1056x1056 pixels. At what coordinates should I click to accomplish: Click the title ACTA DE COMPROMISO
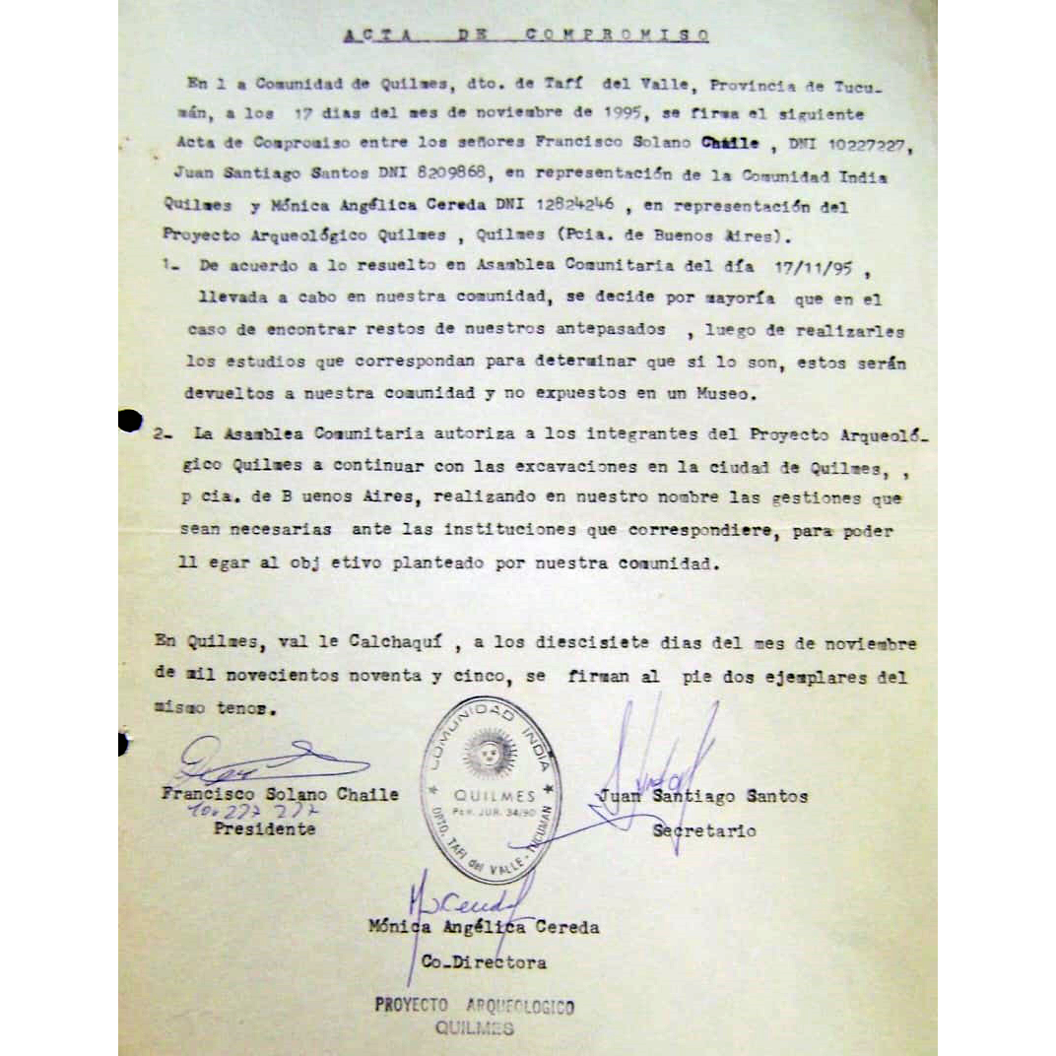(x=527, y=35)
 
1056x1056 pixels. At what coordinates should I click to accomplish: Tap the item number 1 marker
(x=167, y=267)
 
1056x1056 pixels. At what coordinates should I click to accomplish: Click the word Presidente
(x=264, y=828)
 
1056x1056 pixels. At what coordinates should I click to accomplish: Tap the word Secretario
(x=704, y=830)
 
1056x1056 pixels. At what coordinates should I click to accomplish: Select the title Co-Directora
(x=484, y=962)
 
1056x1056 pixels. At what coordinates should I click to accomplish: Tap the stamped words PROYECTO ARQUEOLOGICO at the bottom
(x=474, y=1006)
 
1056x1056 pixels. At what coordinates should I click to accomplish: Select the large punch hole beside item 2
(x=129, y=421)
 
